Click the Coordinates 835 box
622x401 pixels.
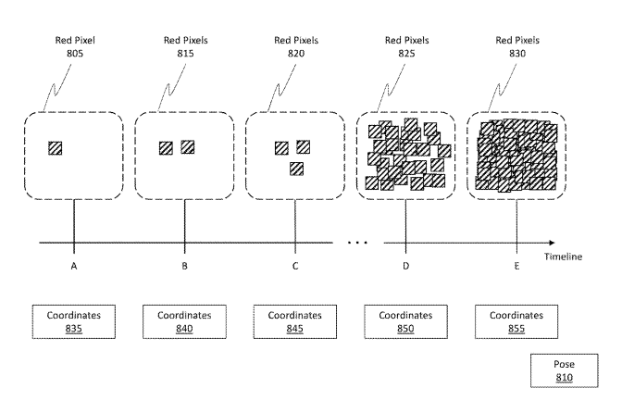73,320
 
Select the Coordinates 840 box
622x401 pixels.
184,320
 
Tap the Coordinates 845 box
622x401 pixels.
294,320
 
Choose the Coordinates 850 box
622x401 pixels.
405,320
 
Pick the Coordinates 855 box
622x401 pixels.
516,320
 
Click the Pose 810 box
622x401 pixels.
565,371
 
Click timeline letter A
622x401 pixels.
73,267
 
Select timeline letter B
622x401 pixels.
184,267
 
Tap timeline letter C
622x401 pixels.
295,267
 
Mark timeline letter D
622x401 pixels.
405,267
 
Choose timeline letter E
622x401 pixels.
516,267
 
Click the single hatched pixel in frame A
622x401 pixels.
56,147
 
